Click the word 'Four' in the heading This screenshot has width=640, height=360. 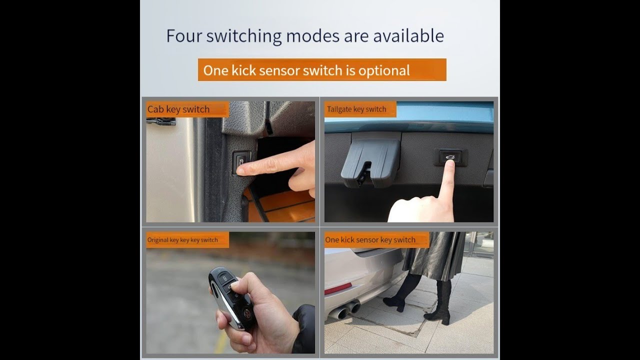pyautogui.click(x=184, y=35)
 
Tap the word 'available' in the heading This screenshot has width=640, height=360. pyautogui.click(x=408, y=35)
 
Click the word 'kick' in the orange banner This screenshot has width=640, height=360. pyautogui.click(x=243, y=70)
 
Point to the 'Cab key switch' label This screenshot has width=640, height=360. pyautogui.click(x=178, y=109)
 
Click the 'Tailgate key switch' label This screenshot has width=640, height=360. pyautogui.click(x=356, y=109)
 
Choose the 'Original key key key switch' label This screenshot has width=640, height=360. pyautogui.click(x=182, y=240)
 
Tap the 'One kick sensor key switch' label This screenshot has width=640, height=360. pyautogui.click(x=370, y=239)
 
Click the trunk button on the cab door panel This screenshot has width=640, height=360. pyautogui.click(x=240, y=163)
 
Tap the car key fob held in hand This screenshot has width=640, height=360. pyautogui.click(x=231, y=297)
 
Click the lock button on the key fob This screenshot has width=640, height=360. pyautogui.click(x=225, y=277)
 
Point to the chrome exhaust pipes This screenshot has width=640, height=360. pyautogui.click(x=345, y=310)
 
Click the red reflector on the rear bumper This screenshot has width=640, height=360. pyautogui.click(x=337, y=288)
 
